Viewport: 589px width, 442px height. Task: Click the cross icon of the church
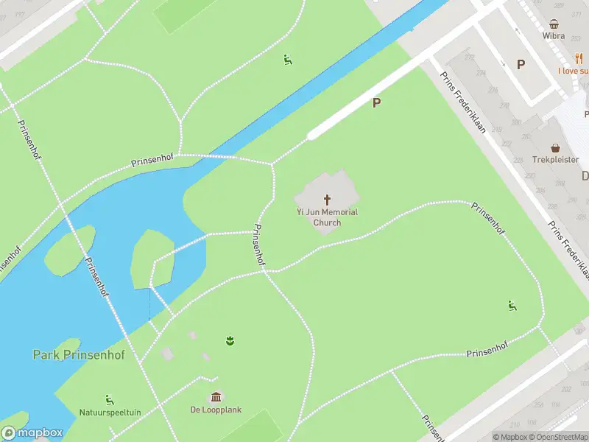[x=327, y=200]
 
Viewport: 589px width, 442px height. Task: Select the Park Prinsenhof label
[x=79, y=355]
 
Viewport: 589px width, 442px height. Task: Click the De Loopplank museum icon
[x=216, y=397]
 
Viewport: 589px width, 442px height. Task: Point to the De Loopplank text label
[x=216, y=410]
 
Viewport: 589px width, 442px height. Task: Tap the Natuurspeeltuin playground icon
[x=110, y=400]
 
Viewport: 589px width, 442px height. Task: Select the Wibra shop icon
[x=554, y=23]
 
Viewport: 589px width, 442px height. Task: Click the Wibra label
[x=554, y=35]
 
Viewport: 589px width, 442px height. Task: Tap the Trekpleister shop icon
[x=556, y=147]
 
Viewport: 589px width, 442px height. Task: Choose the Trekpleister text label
[x=556, y=160]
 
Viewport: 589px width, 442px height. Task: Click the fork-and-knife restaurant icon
[x=579, y=59]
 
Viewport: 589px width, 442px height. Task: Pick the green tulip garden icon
[x=230, y=340]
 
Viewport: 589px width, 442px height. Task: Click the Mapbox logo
[x=32, y=433]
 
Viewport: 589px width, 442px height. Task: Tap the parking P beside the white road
[x=376, y=103]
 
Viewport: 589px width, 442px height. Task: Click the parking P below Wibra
[x=521, y=65]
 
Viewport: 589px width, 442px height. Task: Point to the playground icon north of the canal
[x=288, y=60]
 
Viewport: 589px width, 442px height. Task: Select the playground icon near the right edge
[x=512, y=306]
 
